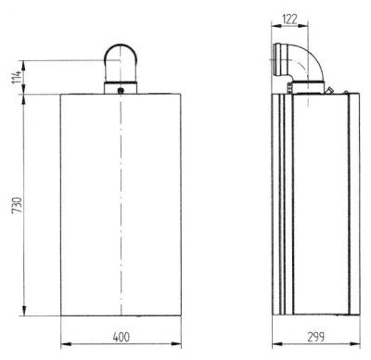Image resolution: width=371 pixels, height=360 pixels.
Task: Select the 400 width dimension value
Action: point(122,334)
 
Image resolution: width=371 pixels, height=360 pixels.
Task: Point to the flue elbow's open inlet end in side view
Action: point(275,54)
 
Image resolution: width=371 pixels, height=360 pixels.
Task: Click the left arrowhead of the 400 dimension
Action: point(63,342)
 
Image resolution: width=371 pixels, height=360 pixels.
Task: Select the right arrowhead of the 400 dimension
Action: point(182,342)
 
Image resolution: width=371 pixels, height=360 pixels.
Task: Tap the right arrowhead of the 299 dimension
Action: point(357,342)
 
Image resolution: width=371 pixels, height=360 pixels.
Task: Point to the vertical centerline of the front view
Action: point(122,204)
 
